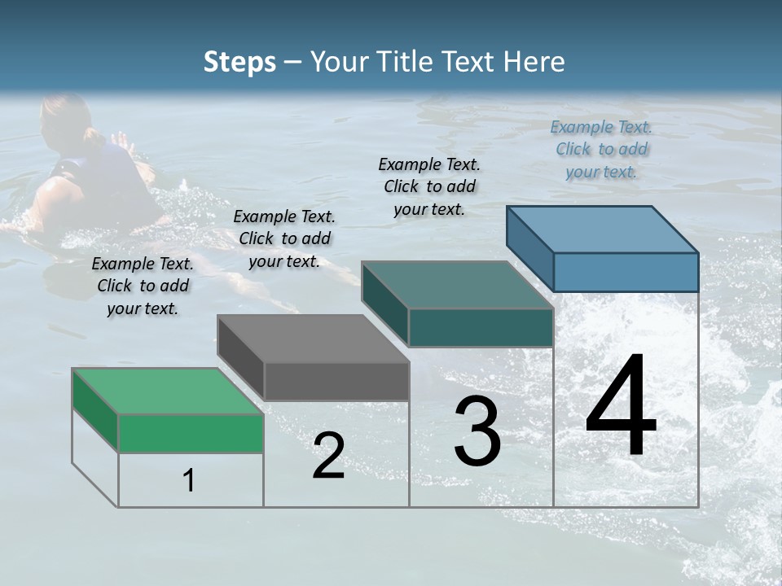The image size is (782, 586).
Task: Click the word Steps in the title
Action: click(239, 62)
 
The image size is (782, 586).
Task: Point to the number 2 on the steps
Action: click(328, 456)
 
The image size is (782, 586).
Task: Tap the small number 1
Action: click(189, 481)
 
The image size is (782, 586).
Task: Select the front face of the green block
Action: click(191, 433)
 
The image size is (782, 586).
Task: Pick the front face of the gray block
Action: click(336, 381)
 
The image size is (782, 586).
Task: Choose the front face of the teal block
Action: click(481, 327)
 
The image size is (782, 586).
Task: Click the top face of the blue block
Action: click(602, 230)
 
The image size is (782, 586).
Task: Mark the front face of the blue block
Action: click(626, 272)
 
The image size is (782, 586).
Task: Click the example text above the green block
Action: click(143, 286)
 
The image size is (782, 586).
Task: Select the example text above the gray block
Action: click(284, 238)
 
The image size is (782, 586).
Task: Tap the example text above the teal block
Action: click(429, 186)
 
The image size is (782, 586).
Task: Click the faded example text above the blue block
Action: click(601, 149)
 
